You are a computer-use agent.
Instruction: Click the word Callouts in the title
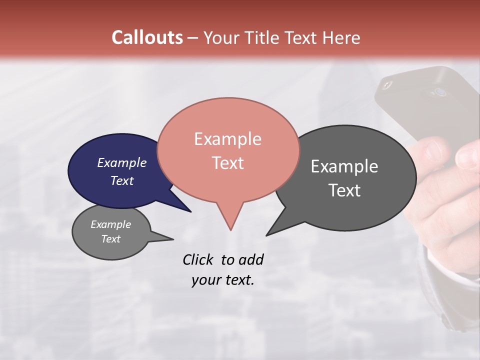pos(147,37)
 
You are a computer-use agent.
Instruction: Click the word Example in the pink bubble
pos(227,139)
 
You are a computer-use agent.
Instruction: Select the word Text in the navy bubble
pos(122,180)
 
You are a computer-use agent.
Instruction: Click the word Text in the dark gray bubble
pos(344,190)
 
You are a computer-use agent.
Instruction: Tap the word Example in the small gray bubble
pos(110,224)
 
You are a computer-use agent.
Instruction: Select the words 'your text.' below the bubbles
pos(222,280)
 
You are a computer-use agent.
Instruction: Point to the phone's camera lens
pos(440,92)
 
